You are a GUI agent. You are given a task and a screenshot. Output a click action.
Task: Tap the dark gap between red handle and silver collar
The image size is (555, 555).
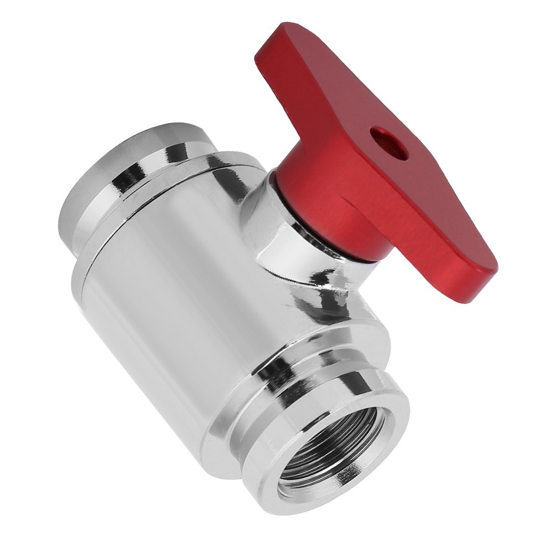pyautogui.click(x=299, y=222)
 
